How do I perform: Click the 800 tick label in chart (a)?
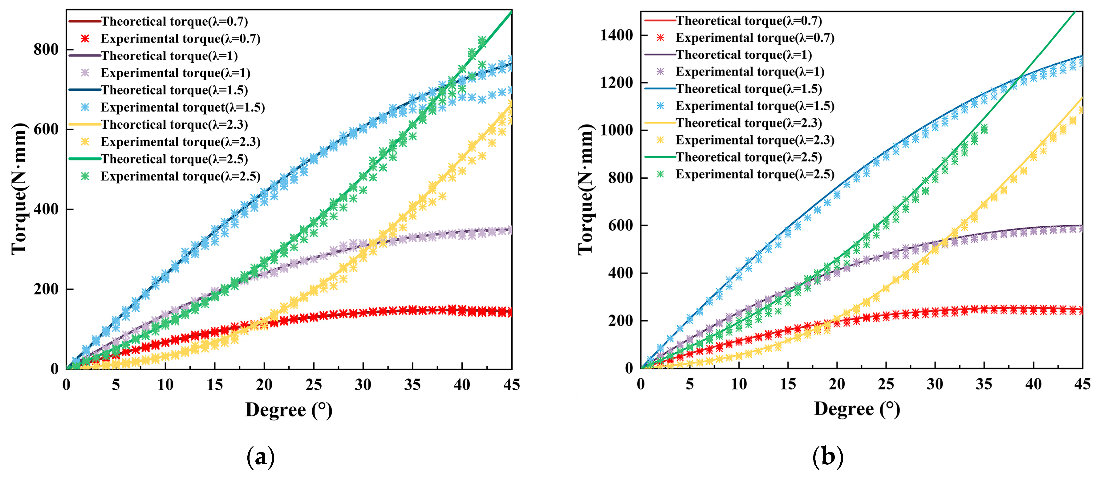(46, 49)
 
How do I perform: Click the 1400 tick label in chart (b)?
(616, 35)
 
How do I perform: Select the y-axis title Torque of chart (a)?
(19, 189)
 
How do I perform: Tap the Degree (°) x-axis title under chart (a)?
(288, 410)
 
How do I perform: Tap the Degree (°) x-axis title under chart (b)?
(856, 409)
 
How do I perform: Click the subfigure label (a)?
(260, 457)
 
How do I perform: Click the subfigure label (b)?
(827, 457)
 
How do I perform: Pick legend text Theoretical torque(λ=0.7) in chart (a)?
(174, 21)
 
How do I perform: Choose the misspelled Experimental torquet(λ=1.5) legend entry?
(183, 107)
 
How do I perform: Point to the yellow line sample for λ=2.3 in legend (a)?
(84, 125)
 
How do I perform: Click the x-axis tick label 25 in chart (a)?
(313, 385)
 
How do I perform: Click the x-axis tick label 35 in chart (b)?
(984, 384)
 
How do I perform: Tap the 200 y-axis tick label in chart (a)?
(46, 289)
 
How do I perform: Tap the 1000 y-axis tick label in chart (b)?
(616, 130)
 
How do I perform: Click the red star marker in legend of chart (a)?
(85, 39)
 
